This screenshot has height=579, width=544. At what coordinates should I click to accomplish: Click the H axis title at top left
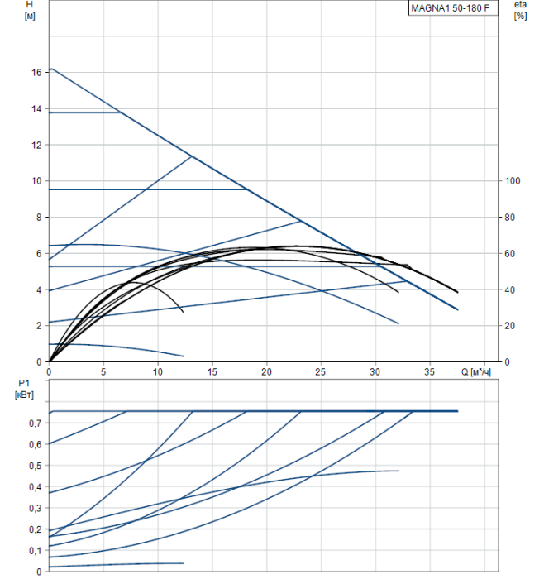[x=30, y=5]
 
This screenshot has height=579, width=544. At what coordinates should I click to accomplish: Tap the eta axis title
[x=519, y=5]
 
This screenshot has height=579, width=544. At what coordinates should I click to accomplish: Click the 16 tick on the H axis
[x=36, y=73]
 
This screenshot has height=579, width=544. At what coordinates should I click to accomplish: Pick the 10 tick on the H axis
[x=36, y=181]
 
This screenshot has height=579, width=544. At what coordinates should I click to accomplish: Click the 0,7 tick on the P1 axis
[x=35, y=423]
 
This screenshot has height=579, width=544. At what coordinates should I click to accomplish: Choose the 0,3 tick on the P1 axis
[x=35, y=508]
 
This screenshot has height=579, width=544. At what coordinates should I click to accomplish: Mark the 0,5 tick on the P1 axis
[x=35, y=466]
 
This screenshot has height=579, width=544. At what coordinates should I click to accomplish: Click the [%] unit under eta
[x=520, y=17]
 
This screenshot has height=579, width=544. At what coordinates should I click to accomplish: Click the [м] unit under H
[x=31, y=17]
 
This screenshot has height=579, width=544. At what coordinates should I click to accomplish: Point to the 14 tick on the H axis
[x=36, y=109]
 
